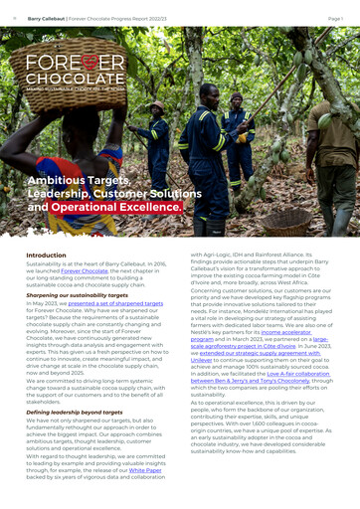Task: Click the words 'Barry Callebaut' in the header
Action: point(47,19)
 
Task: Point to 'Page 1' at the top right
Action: point(335,19)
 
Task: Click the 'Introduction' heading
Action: point(46,254)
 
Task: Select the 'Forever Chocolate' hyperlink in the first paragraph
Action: point(85,270)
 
